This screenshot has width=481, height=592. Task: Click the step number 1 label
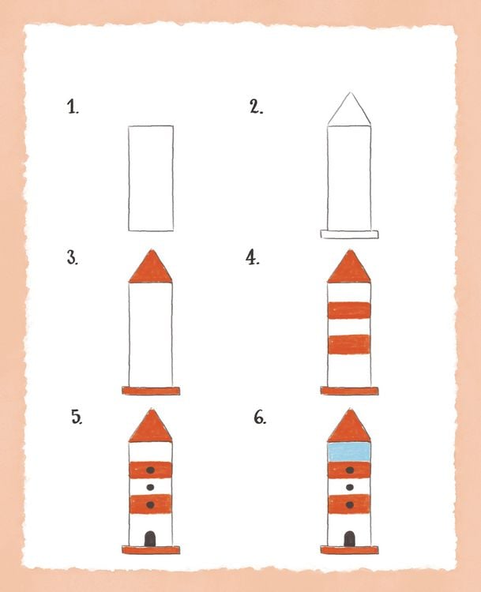[73, 107]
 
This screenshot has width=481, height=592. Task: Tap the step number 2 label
[257, 107]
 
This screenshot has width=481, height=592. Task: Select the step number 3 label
[73, 258]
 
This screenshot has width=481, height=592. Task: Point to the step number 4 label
[253, 258]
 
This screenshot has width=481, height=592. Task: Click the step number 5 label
[77, 418]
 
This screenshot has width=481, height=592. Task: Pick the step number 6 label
[260, 418]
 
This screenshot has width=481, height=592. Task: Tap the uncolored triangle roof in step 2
[349, 109]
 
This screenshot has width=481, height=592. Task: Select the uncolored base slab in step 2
[349, 234]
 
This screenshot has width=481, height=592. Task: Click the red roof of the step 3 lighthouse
[150, 267]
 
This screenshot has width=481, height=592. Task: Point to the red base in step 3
[151, 391]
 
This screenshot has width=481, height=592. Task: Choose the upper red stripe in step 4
[349, 310]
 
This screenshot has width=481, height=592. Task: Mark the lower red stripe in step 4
[349, 344]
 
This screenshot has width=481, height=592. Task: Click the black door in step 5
[150, 538]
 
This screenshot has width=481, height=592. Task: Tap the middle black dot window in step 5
[150, 488]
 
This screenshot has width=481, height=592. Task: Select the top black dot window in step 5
[150, 470]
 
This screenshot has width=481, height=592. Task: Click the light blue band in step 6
[349, 452]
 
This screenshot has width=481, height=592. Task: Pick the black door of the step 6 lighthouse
[349, 538]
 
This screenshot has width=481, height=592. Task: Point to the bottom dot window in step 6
[350, 505]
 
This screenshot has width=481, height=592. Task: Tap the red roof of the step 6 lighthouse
[349, 426]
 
